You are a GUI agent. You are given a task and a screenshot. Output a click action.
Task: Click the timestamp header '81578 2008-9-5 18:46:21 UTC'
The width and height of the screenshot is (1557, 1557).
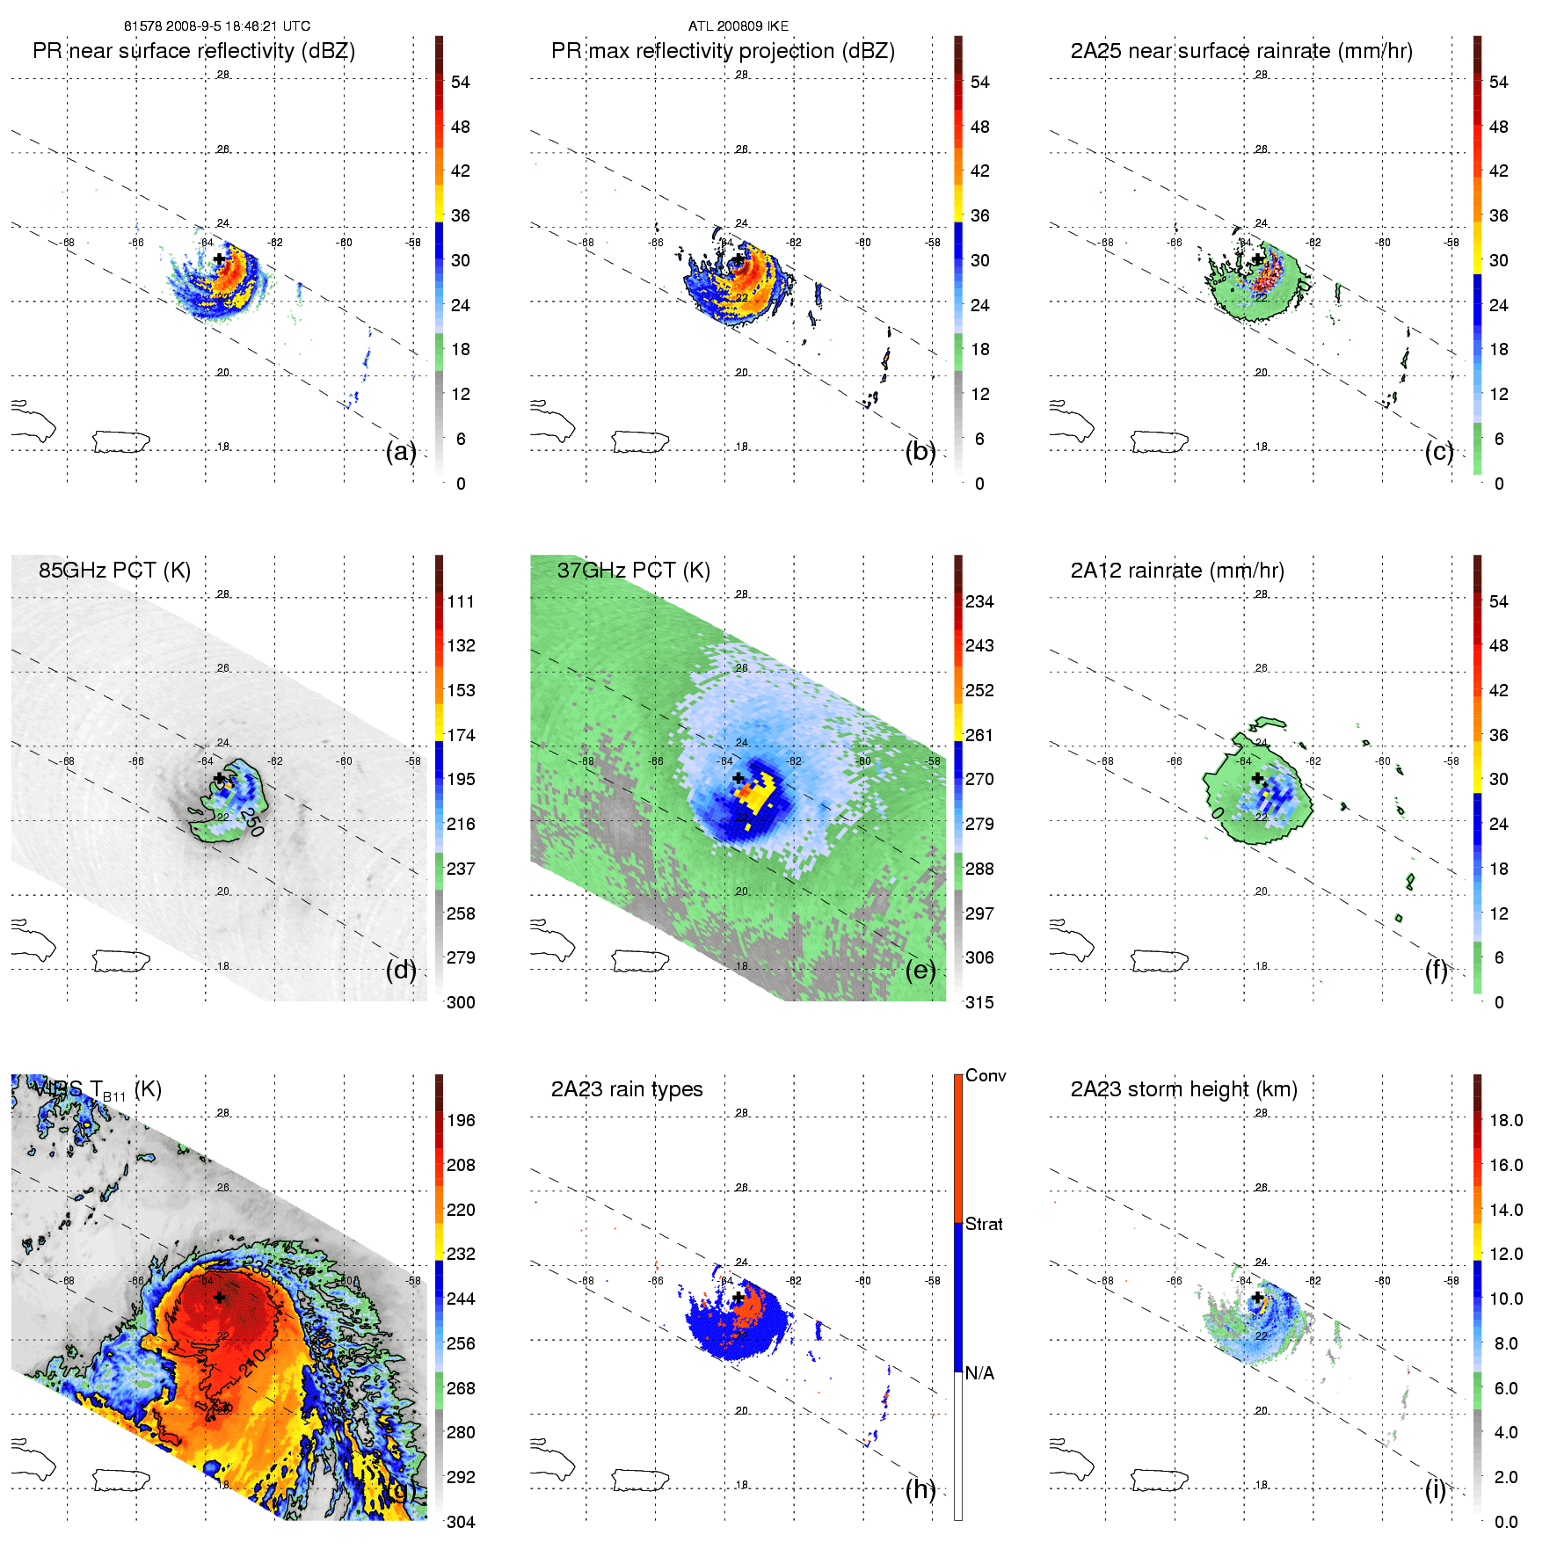tap(216, 26)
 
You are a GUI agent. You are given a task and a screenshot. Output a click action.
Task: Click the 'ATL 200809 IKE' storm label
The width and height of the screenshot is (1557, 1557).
tap(738, 26)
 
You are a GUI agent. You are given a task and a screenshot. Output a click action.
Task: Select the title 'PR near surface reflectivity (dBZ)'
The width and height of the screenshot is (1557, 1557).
tap(193, 51)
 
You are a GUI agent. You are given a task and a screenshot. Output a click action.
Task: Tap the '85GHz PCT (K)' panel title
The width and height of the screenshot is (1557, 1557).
tap(114, 571)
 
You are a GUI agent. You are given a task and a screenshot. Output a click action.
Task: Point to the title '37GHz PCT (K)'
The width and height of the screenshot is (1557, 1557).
tap(633, 571)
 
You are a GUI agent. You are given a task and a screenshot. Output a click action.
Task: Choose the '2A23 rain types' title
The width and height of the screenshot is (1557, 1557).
tap(626, 1089)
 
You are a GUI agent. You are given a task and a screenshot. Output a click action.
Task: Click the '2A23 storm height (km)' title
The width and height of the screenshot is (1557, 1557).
tap(1183, 1089)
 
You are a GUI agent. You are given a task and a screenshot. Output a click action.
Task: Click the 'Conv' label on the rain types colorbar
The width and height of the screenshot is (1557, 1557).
tap(986, 1075)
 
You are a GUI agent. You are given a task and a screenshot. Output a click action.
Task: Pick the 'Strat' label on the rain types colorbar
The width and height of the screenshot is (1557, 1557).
tap(984, 1224)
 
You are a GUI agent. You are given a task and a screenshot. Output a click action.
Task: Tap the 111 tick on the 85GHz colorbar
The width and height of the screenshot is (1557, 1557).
tap(461, 601)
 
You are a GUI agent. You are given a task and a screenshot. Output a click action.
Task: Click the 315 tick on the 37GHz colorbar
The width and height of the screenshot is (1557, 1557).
tap(979, 1002)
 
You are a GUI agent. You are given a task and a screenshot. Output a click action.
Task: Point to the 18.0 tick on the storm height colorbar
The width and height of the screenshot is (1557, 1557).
tap(1505, 1120)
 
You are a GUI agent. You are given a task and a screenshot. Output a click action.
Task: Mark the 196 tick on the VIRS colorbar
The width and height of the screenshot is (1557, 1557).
tap(461, 1120)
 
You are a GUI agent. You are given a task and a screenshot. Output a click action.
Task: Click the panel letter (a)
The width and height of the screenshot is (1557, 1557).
tap(401, 451)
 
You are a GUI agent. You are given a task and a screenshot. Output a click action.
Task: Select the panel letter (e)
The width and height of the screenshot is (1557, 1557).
tap(920, 970)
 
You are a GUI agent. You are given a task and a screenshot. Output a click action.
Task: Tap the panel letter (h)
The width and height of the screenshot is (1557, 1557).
tap(920, 1488)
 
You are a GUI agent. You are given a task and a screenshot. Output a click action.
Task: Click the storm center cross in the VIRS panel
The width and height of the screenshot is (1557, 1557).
tap(219, 1297)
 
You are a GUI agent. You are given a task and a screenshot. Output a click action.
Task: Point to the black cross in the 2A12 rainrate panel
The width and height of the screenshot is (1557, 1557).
tap(1257, 778)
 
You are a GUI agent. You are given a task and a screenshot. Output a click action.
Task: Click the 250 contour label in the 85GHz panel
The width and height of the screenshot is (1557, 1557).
tap(252, 821)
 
